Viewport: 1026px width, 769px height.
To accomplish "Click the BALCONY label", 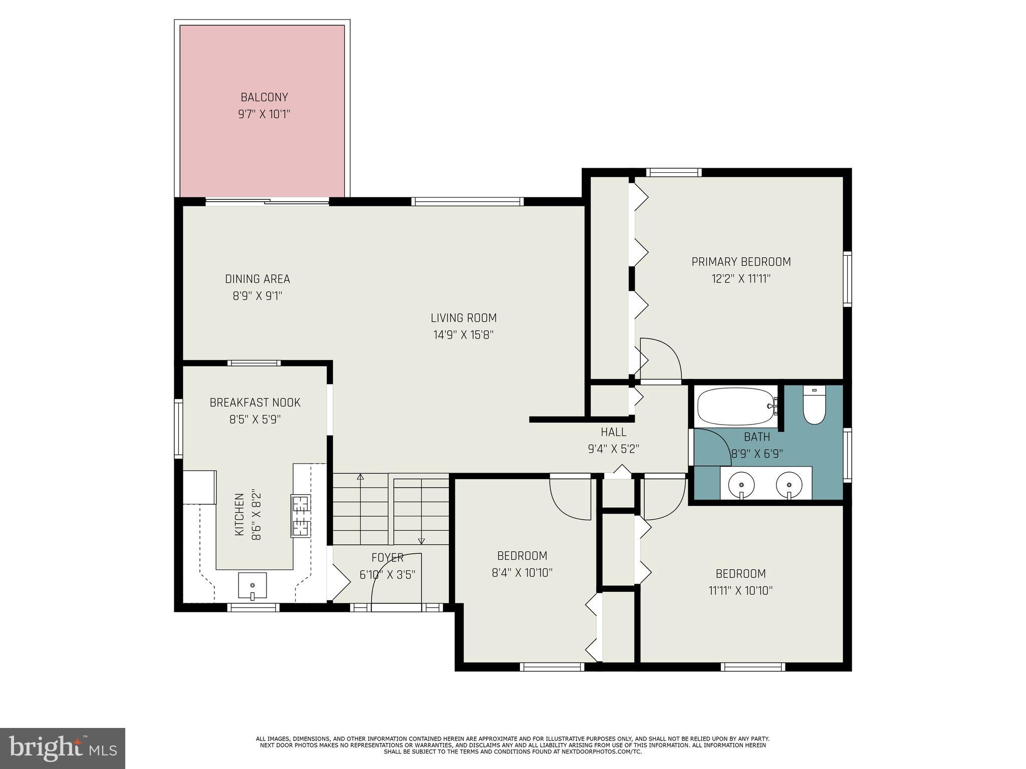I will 264,97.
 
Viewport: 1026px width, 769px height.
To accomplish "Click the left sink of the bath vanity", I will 741,485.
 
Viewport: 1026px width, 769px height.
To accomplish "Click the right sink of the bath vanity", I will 789,485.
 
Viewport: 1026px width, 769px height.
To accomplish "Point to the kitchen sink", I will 252,585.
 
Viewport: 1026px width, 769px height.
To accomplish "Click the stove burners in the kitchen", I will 301,515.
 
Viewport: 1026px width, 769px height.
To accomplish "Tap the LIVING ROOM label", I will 463,318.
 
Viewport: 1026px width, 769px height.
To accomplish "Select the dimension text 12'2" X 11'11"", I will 741,279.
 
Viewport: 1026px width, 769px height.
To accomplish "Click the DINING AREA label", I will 257,279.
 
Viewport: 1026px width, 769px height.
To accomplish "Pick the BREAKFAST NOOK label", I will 254,403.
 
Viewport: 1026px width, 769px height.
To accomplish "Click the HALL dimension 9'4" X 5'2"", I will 613,449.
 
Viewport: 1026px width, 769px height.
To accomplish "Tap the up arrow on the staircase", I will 360,477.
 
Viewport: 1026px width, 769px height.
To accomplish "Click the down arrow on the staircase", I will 421,541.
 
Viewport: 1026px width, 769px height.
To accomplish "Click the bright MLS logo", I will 63,748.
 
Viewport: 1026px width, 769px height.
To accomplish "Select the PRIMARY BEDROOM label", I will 741,262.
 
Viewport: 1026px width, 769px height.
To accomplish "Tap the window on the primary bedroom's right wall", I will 847,279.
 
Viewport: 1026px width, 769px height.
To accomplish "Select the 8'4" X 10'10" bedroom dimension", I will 522,573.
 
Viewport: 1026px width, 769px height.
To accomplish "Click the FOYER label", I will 387,558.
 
